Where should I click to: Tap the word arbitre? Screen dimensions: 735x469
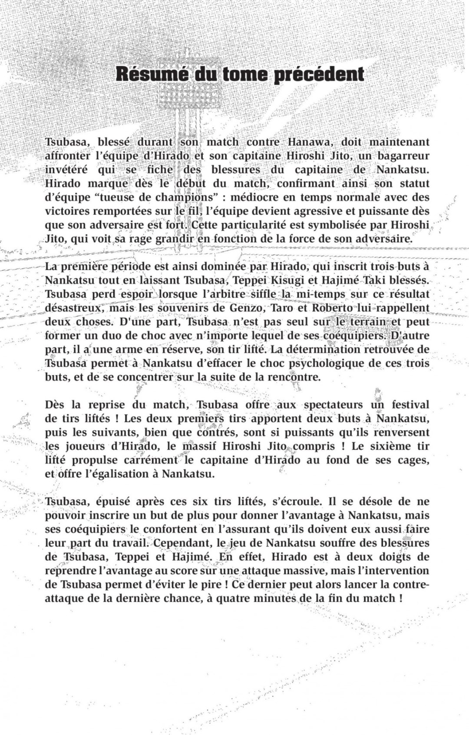(x=236, y=294)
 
